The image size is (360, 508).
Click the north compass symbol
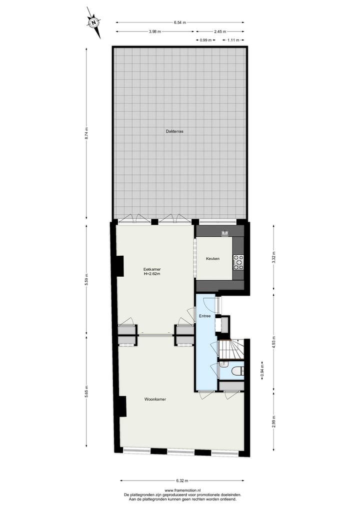[93, 22]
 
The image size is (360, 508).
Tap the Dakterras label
[175, 131]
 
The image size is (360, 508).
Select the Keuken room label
[212, 259]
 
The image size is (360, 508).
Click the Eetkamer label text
[152, 269]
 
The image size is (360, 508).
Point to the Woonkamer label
[155, 400]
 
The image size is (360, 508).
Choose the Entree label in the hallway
[205, 316]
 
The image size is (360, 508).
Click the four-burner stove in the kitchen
[239, 262]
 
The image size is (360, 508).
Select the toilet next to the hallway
[236, 371]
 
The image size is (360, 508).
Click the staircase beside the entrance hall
[231, 349]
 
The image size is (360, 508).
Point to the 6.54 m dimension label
[180, 22]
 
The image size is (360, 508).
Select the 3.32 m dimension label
[273, 258]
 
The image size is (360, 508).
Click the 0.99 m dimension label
[206, 40]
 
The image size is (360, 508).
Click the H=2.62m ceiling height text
[152, 274]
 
